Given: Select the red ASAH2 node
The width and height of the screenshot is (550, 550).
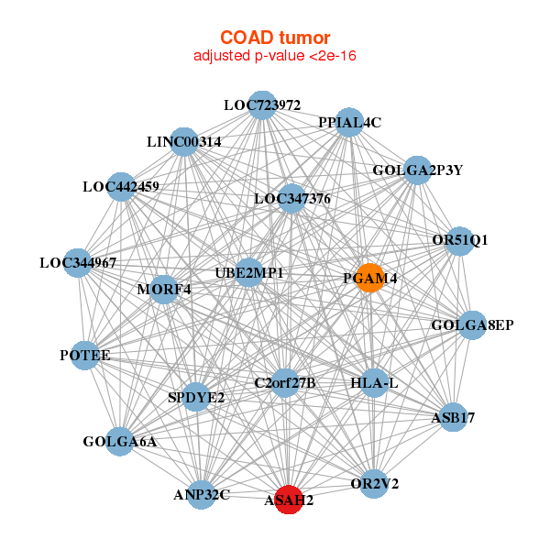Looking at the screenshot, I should [x=289, y=500].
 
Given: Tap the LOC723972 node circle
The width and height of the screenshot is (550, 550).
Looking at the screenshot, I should [x=262, y=105].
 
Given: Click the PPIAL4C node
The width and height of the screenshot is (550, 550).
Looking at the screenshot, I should [x=349, y=123].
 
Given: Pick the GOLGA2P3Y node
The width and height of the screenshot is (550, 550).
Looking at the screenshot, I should [x=417, y=170].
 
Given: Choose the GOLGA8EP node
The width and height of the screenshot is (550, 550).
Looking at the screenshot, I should [x=471, y=324].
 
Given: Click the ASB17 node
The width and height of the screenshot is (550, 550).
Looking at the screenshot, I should [x=453, y=418].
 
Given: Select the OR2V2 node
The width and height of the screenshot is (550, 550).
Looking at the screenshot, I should [x=374, y=483].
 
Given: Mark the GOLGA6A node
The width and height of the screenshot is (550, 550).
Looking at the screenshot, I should [x=120, y=442].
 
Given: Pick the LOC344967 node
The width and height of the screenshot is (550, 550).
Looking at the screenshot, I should [x=78, y=263].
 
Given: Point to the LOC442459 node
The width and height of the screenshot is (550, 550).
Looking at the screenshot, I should [x=121, y=187].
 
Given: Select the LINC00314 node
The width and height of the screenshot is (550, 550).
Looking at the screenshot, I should [x=184, y=142].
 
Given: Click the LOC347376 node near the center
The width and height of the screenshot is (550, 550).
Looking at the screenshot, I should [x=292, y=198].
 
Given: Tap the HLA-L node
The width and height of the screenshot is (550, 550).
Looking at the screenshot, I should [x=374, y=382].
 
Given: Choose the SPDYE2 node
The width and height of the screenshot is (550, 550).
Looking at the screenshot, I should [x=196, y=397].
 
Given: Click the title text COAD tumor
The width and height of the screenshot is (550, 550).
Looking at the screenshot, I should [x=274, y=38].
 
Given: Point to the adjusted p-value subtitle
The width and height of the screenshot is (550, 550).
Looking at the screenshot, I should [x=274, y=57].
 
